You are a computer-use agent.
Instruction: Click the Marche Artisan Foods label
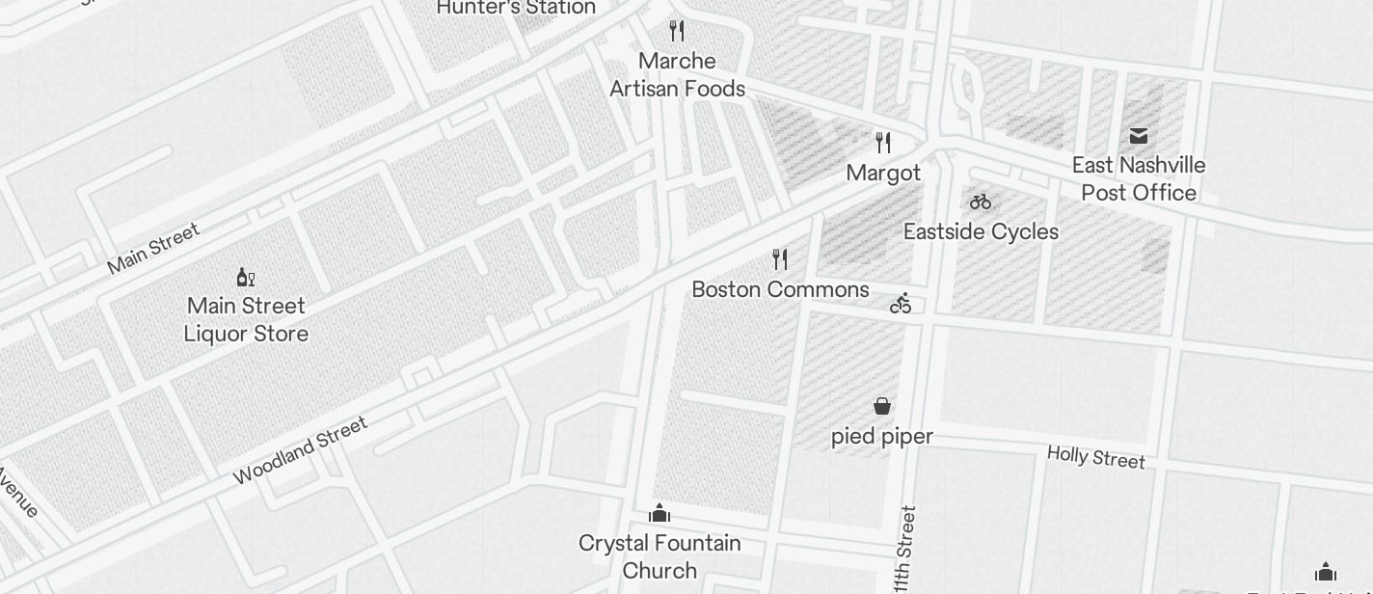point(678,75)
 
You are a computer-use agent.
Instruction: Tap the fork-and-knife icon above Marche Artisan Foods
point(677,31)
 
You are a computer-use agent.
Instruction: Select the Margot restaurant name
point(883,174)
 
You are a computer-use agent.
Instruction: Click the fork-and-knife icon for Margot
point(883,143)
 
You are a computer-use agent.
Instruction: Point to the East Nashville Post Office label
point(1139,179)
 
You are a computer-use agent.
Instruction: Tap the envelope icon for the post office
point(1139,135)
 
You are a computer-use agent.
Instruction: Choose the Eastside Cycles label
point(981,232)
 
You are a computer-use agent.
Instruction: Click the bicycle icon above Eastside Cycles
point(981,202)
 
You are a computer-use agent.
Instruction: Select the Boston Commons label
point(780,289)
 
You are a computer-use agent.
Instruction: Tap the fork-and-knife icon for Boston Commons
point(780,259)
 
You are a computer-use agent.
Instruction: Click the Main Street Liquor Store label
point(247,320)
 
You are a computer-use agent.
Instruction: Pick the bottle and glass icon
point(246,278)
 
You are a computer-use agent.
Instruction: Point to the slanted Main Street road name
point(153,248)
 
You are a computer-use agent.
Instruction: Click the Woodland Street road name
point(300,449)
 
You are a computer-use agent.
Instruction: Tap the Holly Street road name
point(1096,456)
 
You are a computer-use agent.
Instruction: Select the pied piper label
point(882,437)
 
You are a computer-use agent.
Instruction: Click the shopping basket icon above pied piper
point(882,406)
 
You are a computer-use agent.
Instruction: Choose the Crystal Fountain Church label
point(660,556)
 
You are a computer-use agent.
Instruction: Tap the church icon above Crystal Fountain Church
point(660,512)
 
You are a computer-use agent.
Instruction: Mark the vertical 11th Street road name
point(903,551)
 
